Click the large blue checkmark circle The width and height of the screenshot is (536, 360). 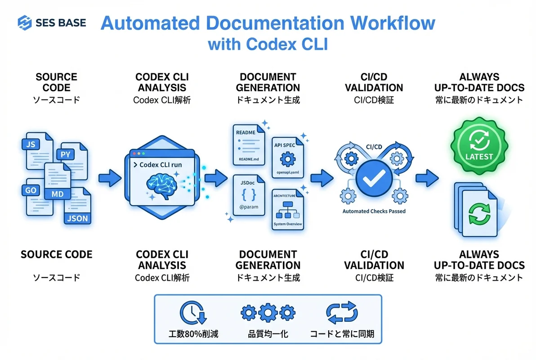371,180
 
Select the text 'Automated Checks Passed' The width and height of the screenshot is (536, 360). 374,211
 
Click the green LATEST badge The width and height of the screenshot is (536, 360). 479,144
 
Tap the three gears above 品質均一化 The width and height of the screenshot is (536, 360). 268,312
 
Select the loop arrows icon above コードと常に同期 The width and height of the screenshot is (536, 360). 342,312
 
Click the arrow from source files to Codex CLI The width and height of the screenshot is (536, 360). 110,178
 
